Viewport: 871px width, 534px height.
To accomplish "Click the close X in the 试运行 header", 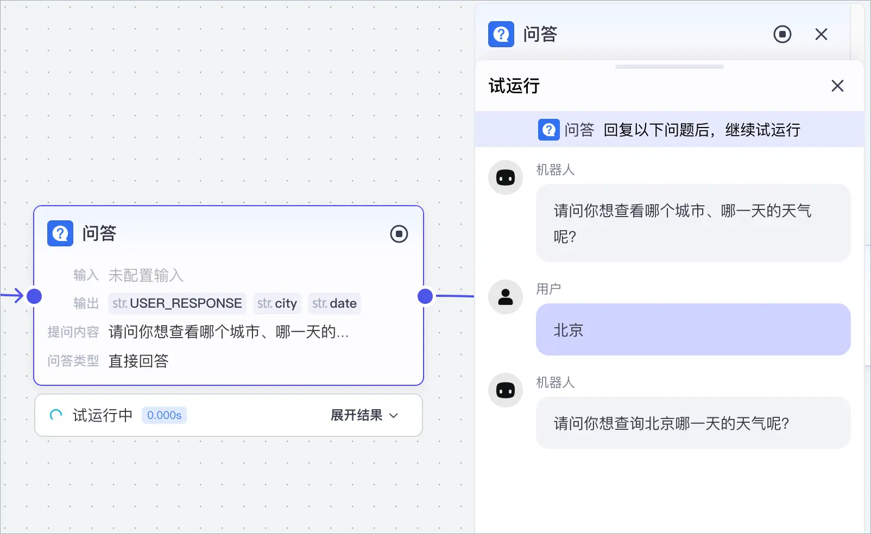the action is [x=837, y=86].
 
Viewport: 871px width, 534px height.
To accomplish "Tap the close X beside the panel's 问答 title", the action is [x=821, y=34].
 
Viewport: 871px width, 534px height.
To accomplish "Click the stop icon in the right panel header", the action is [x=782, y=34].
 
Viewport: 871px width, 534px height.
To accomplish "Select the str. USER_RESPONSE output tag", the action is [x=178, y=303].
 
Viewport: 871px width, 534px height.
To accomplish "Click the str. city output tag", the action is [x=277, y=303].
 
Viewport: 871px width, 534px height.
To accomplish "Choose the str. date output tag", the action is [x=334, y=303].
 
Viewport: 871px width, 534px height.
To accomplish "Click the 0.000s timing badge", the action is [x=164, y=415].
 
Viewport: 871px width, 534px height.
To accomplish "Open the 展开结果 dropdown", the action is [x=364, y=415].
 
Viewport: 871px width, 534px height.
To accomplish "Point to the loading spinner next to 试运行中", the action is [x=55, y=415].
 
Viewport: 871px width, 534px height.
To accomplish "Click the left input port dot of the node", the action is [x=34, y=296].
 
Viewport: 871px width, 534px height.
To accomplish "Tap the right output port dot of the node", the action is [x=425, y=296].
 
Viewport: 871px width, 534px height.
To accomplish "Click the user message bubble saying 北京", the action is [x=693, y=329].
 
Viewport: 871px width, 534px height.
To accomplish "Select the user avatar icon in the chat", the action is [x=506, y=297].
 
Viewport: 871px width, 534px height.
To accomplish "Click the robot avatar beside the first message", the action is [x=506, y=177].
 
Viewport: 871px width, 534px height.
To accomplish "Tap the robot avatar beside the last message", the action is [x=506, y=390].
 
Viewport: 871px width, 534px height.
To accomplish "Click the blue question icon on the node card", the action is [x=60, y=233].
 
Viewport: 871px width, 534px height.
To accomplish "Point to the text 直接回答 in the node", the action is [x=138, y=361].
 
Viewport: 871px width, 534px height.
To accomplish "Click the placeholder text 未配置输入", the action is [x=146, y=275].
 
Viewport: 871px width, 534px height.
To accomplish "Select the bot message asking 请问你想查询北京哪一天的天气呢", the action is [x=693, y=423].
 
